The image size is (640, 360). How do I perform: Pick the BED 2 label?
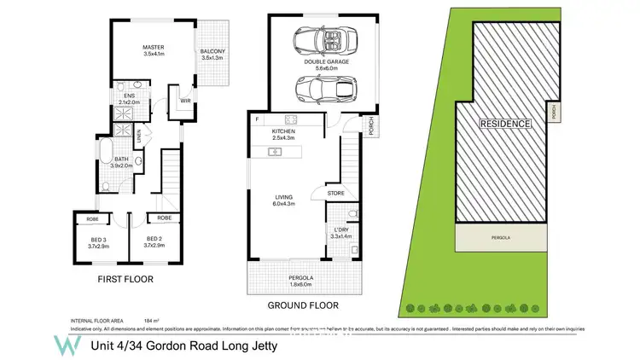[154, 241]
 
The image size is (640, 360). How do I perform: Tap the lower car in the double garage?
[317, 88]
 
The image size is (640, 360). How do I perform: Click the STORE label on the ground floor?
[336, 194]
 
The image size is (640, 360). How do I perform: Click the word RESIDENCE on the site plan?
[505, 124]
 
